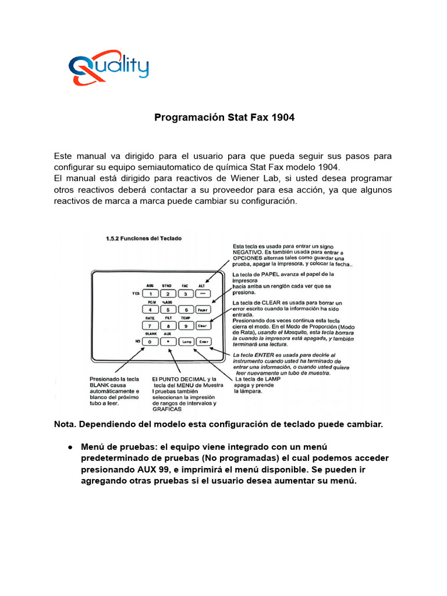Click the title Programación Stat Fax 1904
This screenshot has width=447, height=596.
click(x=224, y=118)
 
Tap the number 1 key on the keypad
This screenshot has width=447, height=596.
click(x=150, y=294)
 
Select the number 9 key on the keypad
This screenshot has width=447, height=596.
click(x=185, y=326)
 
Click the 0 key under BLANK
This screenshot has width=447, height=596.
click(x=150, y=342)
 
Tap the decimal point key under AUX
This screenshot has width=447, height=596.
click(x=168, y=342)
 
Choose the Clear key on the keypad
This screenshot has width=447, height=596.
click(x=202, y=326)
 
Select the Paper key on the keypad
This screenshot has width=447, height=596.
click(x=202, y=310)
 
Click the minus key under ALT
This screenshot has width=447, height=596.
click(x=202, y=294)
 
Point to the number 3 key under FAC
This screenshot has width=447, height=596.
click(x=185, y=294)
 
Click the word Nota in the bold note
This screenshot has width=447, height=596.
click(x=65, y=424)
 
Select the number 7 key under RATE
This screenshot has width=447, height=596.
click(x=150, y=326)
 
